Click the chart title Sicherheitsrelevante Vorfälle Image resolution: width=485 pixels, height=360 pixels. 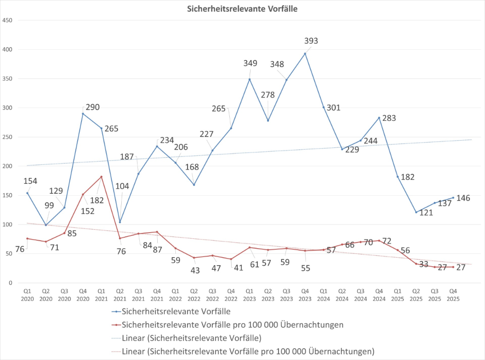(242, 8)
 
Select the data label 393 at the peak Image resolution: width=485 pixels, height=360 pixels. (311, 41)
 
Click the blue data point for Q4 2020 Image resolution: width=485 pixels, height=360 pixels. (83, 114)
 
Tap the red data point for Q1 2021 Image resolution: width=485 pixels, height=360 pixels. (101, 177)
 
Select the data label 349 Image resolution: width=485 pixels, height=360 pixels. (251, 63)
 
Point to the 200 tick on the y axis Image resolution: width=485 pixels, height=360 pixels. (7, 166)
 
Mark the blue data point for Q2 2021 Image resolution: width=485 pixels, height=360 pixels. (120, 222)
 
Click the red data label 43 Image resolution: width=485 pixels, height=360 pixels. (195, 270)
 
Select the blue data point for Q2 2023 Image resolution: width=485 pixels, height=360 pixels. (268, 120)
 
